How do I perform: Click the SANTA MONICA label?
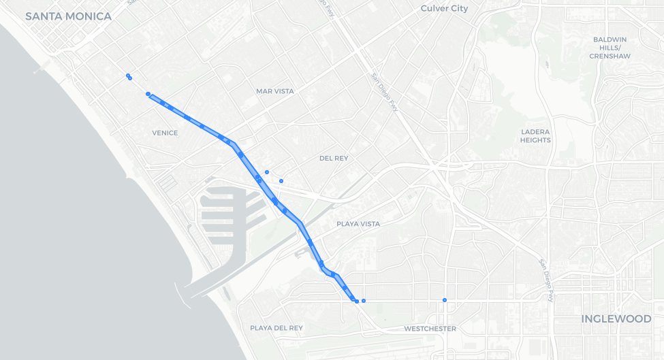pos(68,16)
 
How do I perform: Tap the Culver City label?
pos(444,8)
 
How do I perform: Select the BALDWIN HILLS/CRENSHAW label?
pos(611,48)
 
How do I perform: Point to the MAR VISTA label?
pos(275,91)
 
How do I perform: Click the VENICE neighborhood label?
pos(165,133)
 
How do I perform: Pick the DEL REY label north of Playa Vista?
pos(334,158)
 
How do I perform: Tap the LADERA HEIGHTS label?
pos(535,135)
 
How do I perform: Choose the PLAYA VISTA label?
pos(358,223)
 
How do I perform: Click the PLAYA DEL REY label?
pos(276,327)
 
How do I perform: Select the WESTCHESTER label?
pos(430,328)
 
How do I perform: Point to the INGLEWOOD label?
pos(616,318)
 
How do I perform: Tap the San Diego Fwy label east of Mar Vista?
pos(383,91)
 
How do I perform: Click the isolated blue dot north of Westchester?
pos(445,300)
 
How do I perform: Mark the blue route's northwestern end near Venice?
pos(148,95)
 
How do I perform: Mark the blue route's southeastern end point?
pos(356,301)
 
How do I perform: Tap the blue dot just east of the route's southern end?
pos(364,300)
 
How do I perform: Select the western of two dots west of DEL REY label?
pos(267,171)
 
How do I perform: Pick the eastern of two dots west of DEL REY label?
pos(281,180)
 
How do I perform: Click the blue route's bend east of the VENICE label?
pos(233,144)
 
